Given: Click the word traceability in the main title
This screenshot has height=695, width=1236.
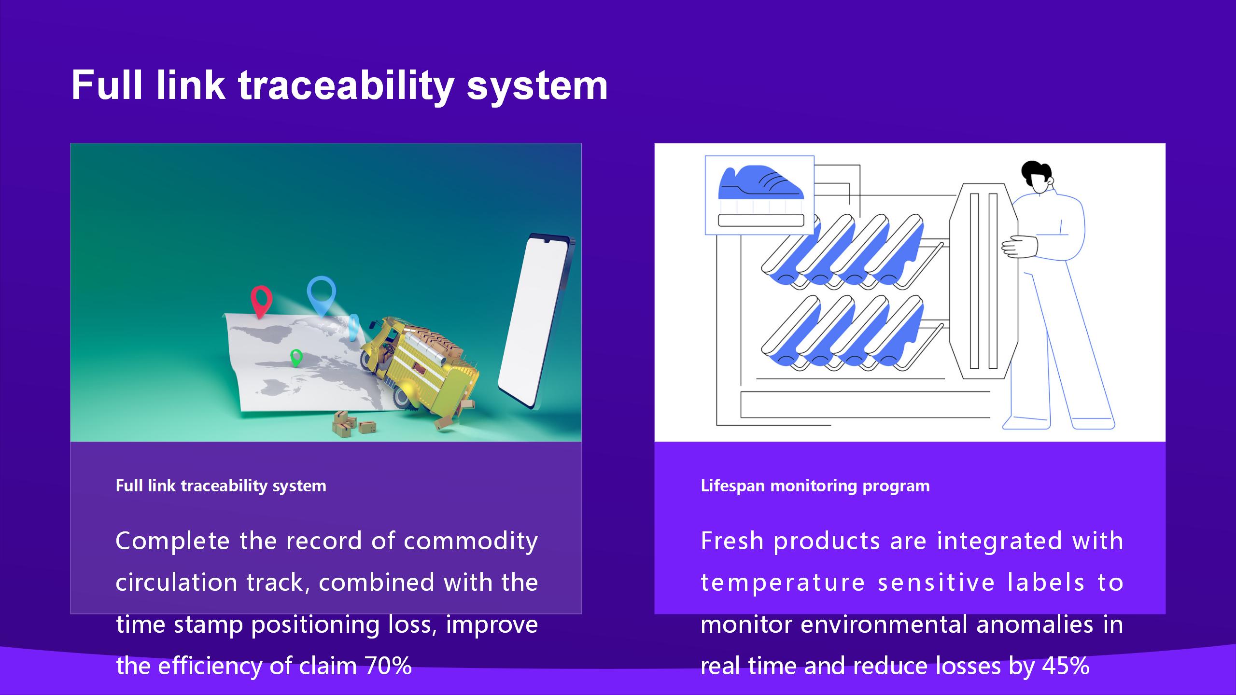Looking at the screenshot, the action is [346, 85].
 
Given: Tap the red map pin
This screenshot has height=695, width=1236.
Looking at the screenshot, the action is [261, 301].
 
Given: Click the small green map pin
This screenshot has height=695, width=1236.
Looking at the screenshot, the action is [296, 358].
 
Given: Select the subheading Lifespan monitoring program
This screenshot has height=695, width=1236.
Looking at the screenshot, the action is [815, 486].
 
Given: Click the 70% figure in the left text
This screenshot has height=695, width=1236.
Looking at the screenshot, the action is [388, 666].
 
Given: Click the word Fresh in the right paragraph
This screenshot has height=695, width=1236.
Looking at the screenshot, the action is [732, 541].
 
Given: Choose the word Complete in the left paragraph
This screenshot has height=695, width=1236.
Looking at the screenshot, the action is [172, 541].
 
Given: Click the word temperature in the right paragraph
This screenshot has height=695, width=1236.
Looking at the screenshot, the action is [782, 583].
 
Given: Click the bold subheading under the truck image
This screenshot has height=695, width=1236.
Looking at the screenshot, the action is [221, 486].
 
